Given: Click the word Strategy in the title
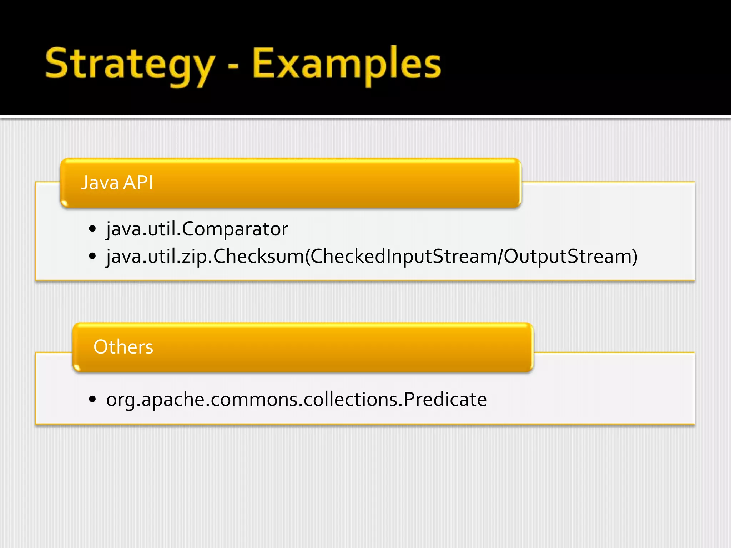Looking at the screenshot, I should pyautogui.click(x=130, y=64).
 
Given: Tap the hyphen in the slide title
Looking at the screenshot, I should pyautogui.click(x=233, y=66).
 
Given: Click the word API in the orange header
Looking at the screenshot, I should pyautogui.click(x=138, y=183).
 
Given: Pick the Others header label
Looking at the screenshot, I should pyautogui.click(x=123, y=347).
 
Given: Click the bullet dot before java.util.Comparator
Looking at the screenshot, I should pyautogui.click(x=92, y=229).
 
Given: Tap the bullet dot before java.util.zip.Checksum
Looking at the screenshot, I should pyautogui.click(x=92, y=256).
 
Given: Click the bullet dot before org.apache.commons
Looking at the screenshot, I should pyautogui.click(x=92, y=399).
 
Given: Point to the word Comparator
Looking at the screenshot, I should pyautogui.click(x=235, y=229).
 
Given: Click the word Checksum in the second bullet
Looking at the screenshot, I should pyautogui.click(x=258, y=256).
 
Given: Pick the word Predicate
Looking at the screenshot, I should pyautogui.click(x=445, y=399).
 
